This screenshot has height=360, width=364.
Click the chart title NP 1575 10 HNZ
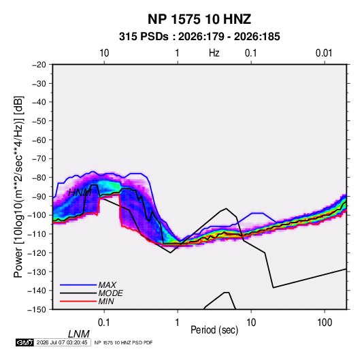[199, 19]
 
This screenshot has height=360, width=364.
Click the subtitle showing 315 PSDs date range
[199, 37]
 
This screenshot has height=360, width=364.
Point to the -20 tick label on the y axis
[39, 65]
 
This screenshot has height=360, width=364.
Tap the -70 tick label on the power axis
[39, 159]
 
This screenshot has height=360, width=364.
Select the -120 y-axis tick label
[37, 253]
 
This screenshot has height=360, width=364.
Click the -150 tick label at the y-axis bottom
[37, 310]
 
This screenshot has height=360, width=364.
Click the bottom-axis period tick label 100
[325, 323]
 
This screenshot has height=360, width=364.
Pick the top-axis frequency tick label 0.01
[324, 53]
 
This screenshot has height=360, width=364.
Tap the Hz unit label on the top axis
[214, 53]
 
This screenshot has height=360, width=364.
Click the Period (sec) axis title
[214, 330]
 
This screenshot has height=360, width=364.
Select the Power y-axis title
[19, 187]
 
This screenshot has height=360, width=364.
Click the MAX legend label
[107, 284]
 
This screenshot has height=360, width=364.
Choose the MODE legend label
[110, 293]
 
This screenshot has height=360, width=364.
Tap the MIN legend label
[106, 301]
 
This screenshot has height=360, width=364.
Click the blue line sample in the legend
[78, 285]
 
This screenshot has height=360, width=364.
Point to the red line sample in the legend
[78, 301]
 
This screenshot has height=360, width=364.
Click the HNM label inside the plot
[80, 193]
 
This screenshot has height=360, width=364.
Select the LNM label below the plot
[79, 334]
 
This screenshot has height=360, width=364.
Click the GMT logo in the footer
[24, 342]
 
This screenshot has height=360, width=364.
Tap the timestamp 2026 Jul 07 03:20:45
[62, 342]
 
